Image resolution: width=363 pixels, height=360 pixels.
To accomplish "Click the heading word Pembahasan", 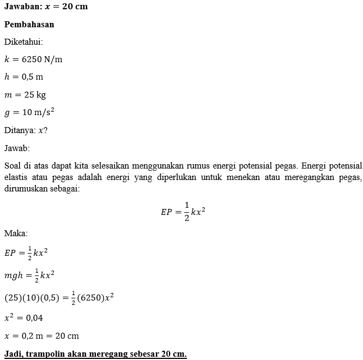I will pyautogui.click(x=29, y=25).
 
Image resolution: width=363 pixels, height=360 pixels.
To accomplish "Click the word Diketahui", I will pyautogui.click(x=23, y=41).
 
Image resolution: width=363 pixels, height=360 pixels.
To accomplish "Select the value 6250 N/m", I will pyautogui.click(x=42, y=59).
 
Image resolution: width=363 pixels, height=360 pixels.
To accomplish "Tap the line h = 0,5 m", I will pyautogui.click(x=23, y=76).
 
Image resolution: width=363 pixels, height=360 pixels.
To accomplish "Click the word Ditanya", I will pyautogui.click(x=19, y=130).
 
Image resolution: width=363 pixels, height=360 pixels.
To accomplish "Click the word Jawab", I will pyautogui.click(x=17, y=148).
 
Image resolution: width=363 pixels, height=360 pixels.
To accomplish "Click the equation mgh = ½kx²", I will pyautogui.click(x=29, y=275).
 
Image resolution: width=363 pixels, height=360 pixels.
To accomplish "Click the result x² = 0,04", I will pyautogui.click(x=23, y=317).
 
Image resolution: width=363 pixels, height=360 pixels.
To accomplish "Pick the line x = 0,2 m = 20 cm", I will pyautogui.click(x=41, y=335).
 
